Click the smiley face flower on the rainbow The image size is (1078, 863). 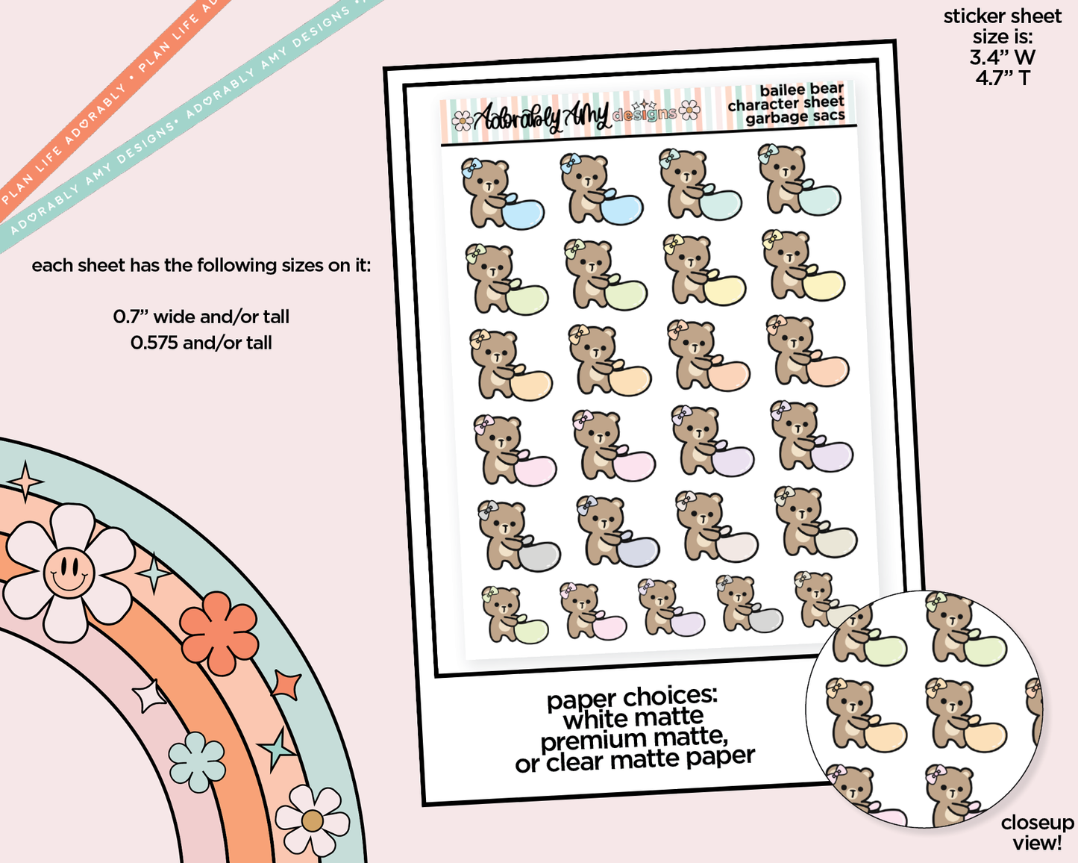click(x=69, y=573)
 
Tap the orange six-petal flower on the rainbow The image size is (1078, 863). click(x=219, y=632)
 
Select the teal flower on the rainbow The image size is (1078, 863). click(x=197, y=761)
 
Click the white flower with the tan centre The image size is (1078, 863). click(x=312, y=821)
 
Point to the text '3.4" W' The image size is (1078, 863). click(x=1002, y=57)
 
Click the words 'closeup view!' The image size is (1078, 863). click(x=1037, y=832)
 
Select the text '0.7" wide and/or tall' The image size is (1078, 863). click(x=201, y=317)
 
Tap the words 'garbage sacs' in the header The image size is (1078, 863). click(x=795, y=117)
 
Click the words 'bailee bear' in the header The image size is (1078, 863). click(x=801, y=90)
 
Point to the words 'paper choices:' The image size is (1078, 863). click(x=632, y=698)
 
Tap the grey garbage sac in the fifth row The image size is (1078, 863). click(x=539, y=556)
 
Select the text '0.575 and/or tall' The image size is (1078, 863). click(x=201, y=343)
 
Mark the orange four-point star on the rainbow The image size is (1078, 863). click(x=286, y=685)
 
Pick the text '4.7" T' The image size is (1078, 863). click(x=1002, y=78)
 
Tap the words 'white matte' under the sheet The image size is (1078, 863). click(x=633, y=719)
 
